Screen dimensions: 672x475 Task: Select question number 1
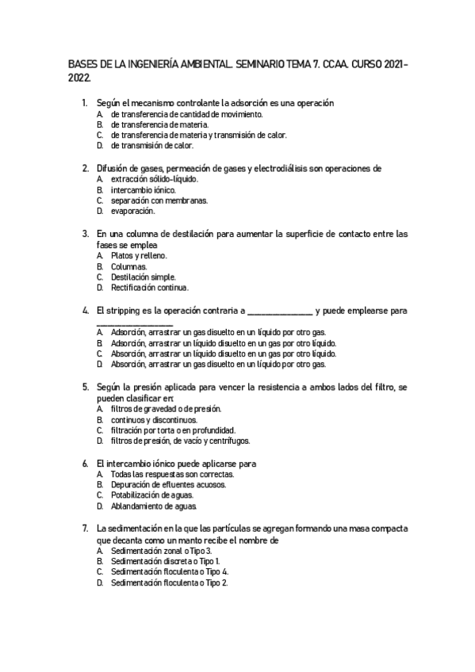[85, 103]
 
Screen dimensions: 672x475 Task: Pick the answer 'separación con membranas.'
[159, 200]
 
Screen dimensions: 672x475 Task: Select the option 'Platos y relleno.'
[139, 256]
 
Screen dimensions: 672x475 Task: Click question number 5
[85, 388]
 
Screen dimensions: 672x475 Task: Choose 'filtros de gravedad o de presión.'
[166, 409]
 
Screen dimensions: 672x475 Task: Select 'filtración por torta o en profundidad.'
[174, 430]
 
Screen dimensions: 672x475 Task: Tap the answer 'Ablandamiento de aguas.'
[154, 506]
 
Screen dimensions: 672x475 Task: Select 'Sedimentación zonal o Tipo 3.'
[161, 551]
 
